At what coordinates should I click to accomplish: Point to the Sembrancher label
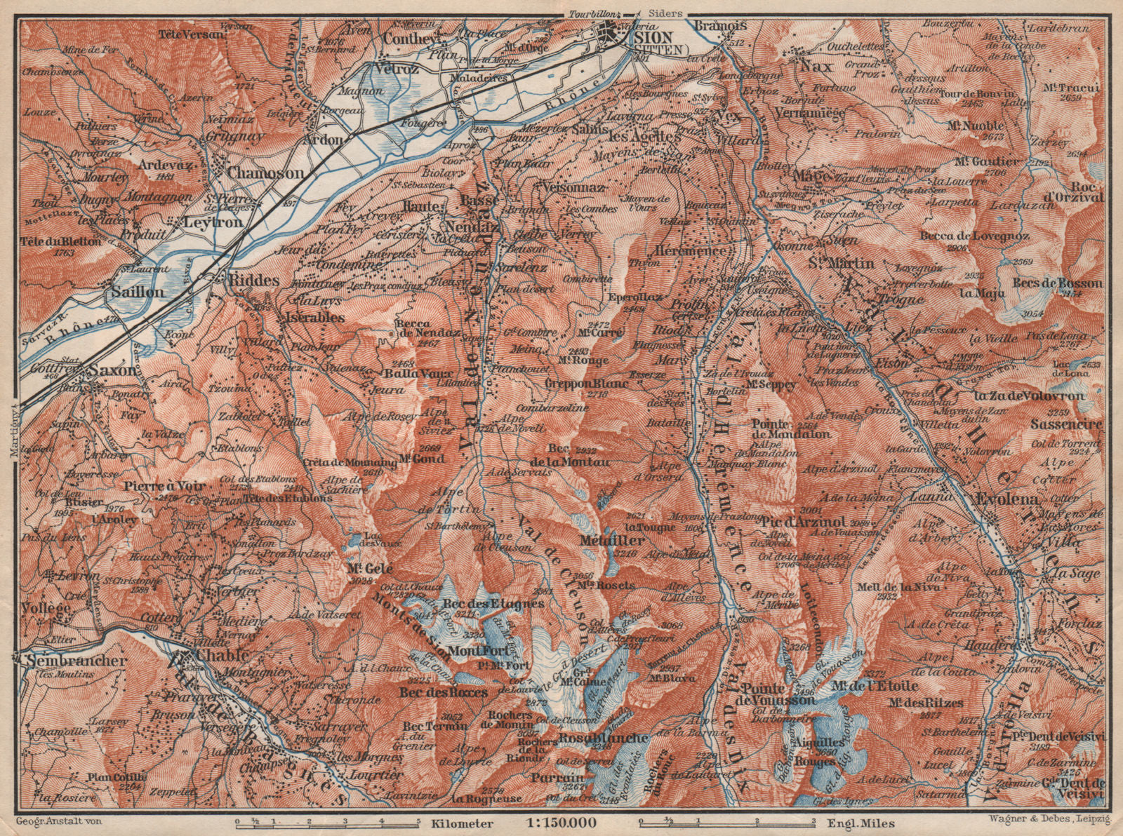tap(74, 661)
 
